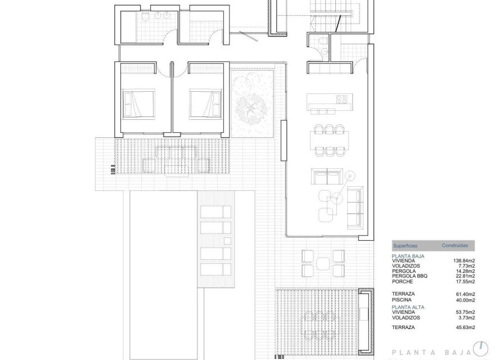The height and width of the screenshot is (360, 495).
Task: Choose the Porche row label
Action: (x=403, y=281)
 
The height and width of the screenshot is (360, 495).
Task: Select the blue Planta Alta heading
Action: (x=408, y=307)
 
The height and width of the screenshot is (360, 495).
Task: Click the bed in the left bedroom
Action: (x=138, y=103)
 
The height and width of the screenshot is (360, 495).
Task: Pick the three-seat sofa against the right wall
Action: (x=355, y=205)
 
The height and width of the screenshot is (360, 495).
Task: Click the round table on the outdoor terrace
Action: (x=323, y=263)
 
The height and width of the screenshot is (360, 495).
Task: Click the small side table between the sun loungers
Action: (x=227, y=241)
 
